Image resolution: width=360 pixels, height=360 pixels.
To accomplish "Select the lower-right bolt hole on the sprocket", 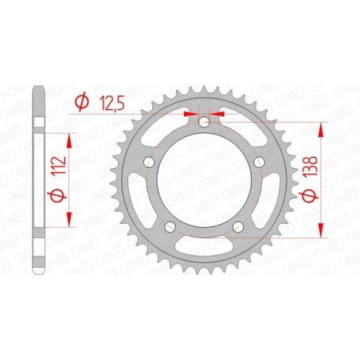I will pyautogui.click(x=237, y=229).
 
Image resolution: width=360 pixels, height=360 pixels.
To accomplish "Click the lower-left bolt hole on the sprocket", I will pyautogui.click(x=169, y=229).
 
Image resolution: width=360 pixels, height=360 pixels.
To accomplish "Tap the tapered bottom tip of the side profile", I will pyautogui.click(x=37, y=271).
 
